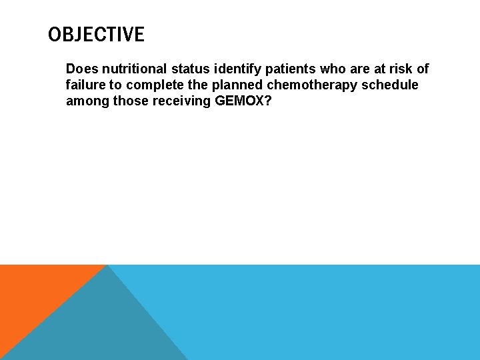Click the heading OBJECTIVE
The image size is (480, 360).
(96, 35)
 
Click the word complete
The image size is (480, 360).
(155, 85)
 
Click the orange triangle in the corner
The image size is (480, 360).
(33, 293)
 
